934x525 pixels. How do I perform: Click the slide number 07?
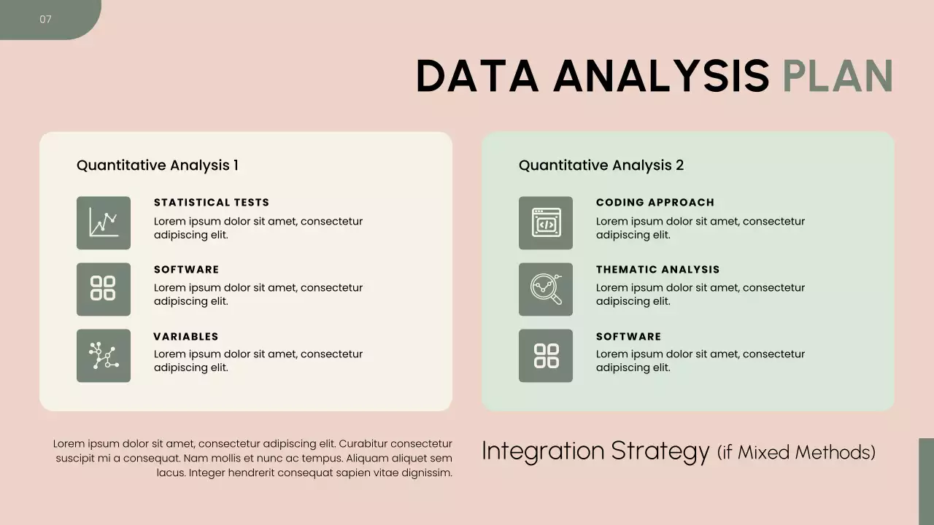tap(45, 20)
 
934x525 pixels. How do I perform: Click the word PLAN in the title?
tap(838, 76)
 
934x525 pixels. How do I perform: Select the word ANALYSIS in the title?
tap(661, 76)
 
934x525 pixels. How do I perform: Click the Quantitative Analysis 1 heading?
tap(158, 166)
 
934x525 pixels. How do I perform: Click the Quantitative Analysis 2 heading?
tap(601, 166)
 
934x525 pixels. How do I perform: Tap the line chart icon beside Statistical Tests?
tap(104, 222)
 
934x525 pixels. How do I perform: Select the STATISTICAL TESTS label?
tap(212, 203)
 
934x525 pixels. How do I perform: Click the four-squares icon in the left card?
tap(104, 289)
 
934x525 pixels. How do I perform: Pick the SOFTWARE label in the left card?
tap(186, 270)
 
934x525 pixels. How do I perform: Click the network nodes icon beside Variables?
tap(104, 356)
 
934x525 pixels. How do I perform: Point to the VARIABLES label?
tap(186, 337)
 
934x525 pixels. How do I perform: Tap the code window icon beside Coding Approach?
tap(546, 222)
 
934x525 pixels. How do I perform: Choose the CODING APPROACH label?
tap(655, 203)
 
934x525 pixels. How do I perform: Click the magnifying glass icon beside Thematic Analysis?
tap(546, 289)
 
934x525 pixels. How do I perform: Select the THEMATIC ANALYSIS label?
tap(657, 270)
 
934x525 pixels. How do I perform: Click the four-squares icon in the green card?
tap(546, 356)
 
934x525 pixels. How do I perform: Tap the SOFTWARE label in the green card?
tap(628, 337)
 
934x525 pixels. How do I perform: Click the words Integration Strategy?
tap(595, 451)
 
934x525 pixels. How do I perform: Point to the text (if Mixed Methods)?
tap(796, 453)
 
